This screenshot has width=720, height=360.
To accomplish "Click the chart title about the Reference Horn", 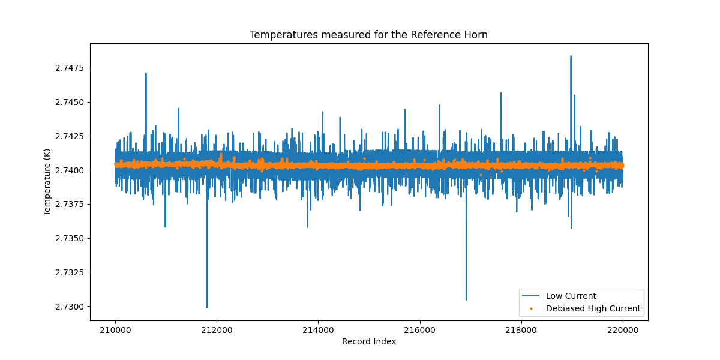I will pyautogui.click(x=368, y=35).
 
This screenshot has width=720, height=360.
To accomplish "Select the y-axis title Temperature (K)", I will pyautogui.click(x=47, y=182).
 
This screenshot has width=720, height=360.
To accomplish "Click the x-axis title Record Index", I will pyautogui.click(x=368, y=341).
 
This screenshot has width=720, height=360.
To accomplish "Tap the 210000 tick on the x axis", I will pyautogui.click(x=115, y=329).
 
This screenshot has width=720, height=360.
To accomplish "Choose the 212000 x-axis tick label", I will pyautogui.click(x=217, y=329).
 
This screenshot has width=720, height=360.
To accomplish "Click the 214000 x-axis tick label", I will pyautogui.click(x=318, y=329).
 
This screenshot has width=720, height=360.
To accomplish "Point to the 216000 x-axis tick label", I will pyautogui.click(x=419, y=329).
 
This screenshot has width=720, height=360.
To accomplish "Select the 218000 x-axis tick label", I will pyautogui.click(x=521, y=329).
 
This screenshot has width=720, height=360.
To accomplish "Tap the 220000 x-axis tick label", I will pyautogui.click(x=622, y=329).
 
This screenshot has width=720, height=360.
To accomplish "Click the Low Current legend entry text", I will pyautogui.click(x=571, y=296).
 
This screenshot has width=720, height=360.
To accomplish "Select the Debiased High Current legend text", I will pyautogui.click(x=593, y=309).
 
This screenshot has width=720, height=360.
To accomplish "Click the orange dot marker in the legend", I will pyautogui.click(x=531, y=309).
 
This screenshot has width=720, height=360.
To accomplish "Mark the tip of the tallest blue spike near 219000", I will pyautogui.click(x=571, y=56).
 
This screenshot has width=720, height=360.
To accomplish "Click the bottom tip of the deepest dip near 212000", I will pyautogui.click(x=207, y=308).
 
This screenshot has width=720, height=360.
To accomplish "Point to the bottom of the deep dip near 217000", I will pyautogui.click(x=466, y=300).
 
